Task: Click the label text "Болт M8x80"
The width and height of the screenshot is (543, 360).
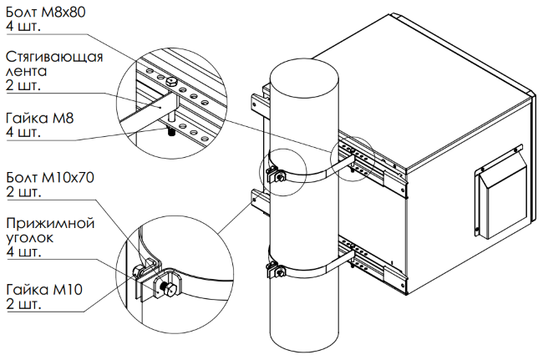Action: point(46,13)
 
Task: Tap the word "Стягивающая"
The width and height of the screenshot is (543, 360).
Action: point(54,57)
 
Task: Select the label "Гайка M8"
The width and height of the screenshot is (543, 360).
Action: point(40,119)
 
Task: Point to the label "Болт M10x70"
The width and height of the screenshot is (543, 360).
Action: point(50,178)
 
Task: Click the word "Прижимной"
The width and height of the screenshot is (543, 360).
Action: point(50,223)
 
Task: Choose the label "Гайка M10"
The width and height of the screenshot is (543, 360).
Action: point(44,289)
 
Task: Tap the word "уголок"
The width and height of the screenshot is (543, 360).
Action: point(30,238)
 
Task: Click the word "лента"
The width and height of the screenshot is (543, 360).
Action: point(27,71)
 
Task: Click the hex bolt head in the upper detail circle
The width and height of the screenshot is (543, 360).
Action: point(170,82)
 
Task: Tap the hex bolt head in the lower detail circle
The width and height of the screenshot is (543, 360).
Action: point(170,290)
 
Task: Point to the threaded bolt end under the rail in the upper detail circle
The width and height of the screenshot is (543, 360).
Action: point(171,132)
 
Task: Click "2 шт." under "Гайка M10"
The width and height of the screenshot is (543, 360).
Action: point(24,304)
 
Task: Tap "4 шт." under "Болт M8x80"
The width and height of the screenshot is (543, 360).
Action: point(23,26)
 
